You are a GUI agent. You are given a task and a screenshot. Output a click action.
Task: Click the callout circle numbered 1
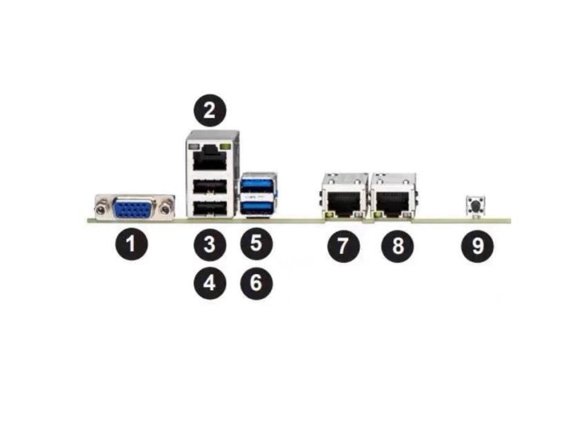coord(131,244)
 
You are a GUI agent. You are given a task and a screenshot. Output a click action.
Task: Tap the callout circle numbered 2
coord(210,110)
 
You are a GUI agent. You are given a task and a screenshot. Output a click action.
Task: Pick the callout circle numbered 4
coord(210,282)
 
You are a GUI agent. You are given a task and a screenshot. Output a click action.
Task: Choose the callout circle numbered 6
coord(256,282)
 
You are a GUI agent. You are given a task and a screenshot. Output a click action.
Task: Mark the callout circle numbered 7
coord(343,244)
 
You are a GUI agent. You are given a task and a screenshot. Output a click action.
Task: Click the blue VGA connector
coord(134,207)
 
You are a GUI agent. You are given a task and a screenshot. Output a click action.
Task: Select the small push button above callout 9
coord(475,205)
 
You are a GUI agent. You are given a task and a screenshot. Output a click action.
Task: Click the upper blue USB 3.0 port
coord(258,186)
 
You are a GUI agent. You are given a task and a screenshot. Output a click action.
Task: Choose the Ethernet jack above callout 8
coord(393,199)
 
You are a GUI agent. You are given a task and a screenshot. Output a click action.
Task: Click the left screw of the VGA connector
coord(101,207)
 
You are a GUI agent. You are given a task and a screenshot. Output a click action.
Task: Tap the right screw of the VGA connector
coord(166,207)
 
